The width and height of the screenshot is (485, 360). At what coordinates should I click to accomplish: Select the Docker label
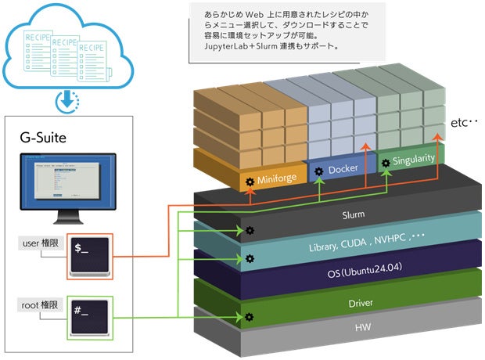tap(343, 170)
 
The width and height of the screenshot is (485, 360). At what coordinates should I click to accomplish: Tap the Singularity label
tap(413, 159)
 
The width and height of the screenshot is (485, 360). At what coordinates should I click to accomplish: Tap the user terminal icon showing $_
tap(90, 254)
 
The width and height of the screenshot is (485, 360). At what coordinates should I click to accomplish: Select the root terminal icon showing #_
tap(90, 316)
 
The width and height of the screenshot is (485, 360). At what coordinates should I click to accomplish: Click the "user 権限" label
tap(39, 243)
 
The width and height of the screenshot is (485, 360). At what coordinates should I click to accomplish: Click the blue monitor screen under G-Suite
tap(67, 185)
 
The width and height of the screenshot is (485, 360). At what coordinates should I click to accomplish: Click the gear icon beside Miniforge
tap(250, 181)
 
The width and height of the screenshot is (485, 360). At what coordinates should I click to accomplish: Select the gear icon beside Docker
tap(318, 171)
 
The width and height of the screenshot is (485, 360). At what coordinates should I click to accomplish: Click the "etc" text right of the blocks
tap(463, 124)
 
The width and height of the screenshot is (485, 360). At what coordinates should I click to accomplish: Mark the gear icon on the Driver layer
tap(249, 316)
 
